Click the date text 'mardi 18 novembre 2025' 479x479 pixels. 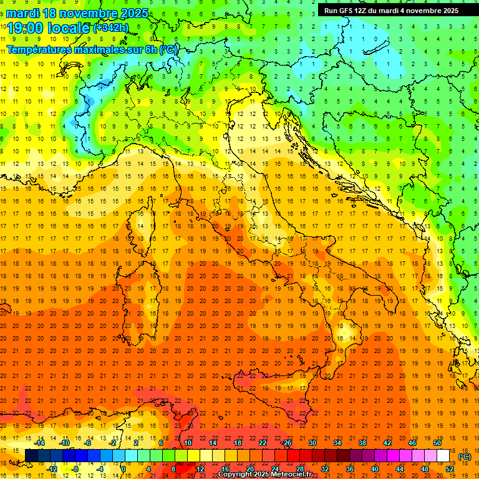(x=78, y=13)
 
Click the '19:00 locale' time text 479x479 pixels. (x=49, y=27)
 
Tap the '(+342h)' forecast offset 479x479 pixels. (x=111, y=27)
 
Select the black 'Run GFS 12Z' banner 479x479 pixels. (x=391, y=11)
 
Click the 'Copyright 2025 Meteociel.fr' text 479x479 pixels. (x=265, y=475)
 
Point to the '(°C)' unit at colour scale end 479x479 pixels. (x=465, y=457)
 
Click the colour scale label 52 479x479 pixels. (x=450, y=469)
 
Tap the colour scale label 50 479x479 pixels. (x=437, y=443)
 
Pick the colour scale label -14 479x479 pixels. (x=39, y=443)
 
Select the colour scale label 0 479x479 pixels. (x=123, y=469)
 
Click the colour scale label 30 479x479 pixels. (x=312, y=443)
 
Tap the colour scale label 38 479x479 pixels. (x=362, y=443)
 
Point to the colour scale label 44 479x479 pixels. (x=400, y=469)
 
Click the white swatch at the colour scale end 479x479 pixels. (x=443, y=456)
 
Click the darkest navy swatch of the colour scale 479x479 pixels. (x=31, y=456)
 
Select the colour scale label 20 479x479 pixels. (x=249, y=469)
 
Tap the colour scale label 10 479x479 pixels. (x=187, y=443)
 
